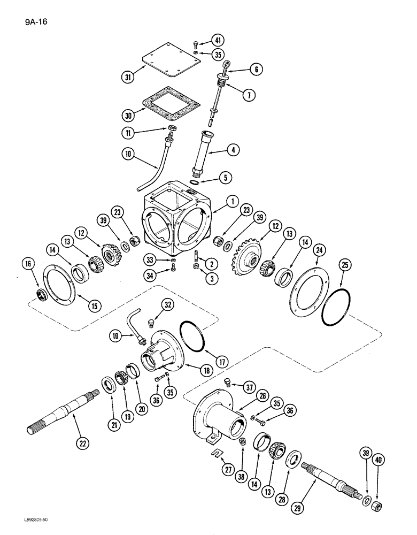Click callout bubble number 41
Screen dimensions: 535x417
pyautogui.click(x=218, y=40)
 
